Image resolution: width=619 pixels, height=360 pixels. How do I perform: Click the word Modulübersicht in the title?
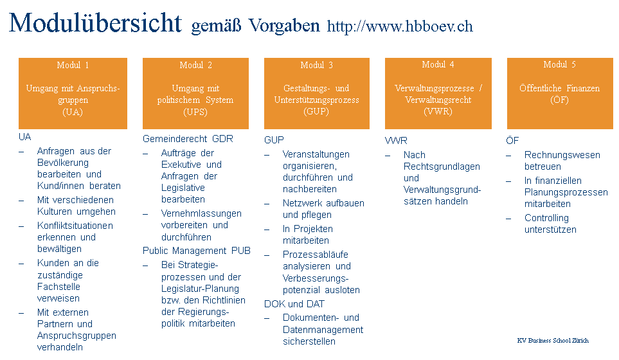(x=95, y=23)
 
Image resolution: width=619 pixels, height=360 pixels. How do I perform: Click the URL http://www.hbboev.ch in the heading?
(x=400, y=26)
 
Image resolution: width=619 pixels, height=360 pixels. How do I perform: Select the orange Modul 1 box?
(x=73, y=93)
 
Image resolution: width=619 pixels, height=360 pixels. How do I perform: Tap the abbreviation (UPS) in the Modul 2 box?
(x=195, y=111)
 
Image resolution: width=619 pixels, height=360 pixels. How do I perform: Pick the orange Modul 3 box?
(x=317, y=93)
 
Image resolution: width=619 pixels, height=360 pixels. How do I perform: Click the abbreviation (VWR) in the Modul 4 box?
(x=438, y=111)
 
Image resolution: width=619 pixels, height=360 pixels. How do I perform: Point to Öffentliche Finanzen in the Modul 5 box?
(x=559, y=88)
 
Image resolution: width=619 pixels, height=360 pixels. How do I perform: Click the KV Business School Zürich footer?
(x=552, y=340)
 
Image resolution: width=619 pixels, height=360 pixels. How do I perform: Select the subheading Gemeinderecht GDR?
(x=188, y=138)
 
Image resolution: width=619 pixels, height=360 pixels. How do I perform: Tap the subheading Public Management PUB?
(x=196, y=250)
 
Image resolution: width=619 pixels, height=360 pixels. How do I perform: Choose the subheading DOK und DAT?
(x=294, y=303)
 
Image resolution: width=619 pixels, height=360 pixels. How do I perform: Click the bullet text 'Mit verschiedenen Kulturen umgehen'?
(x=76, y=206)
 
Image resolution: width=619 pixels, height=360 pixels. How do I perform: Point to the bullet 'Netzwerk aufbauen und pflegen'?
(x=323, y=209)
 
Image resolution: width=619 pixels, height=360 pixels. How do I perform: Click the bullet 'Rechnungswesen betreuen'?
(x=562, y=161)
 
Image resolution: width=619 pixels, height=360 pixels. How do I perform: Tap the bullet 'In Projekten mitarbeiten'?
(x=308, y=235)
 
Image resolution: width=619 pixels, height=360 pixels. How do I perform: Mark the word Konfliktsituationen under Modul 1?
(x=75, y=226)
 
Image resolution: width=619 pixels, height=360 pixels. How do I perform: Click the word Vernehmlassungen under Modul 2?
(x=201, y=213)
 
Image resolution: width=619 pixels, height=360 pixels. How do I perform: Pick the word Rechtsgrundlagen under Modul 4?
(x=442, y=166)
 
